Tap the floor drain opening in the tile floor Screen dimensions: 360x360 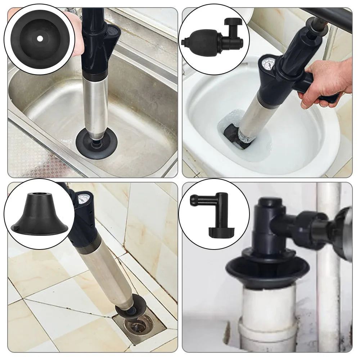click(x=138, y=326)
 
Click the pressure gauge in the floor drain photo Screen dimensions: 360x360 click(x=83, y=199)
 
